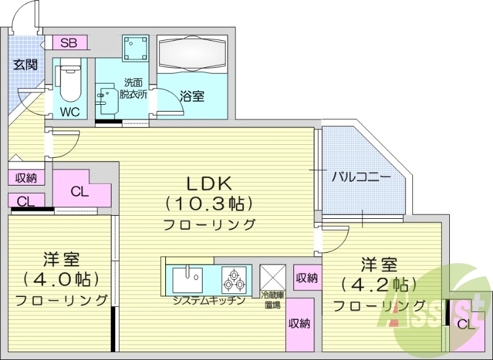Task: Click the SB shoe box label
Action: pyautogui.click(x=69, y=43)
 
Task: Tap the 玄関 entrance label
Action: pyautogui.click(x=26, y=65)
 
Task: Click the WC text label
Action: pyautogui.click(x=70, y=112)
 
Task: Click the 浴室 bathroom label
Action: pyautogui.click(x=192, y=96)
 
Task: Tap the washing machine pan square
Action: pyautogui.click(x=135, y=48)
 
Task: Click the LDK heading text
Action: pyautogui.click(x=209, y=183)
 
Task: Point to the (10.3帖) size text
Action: pyautogui.click(x=209, y=203)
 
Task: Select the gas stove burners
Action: pyautogui.click(x=235, y=279)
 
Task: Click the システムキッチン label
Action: pyautogui.click(x=209, y=301)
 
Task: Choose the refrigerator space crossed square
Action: pyautogui.click(x=272, y=277)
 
